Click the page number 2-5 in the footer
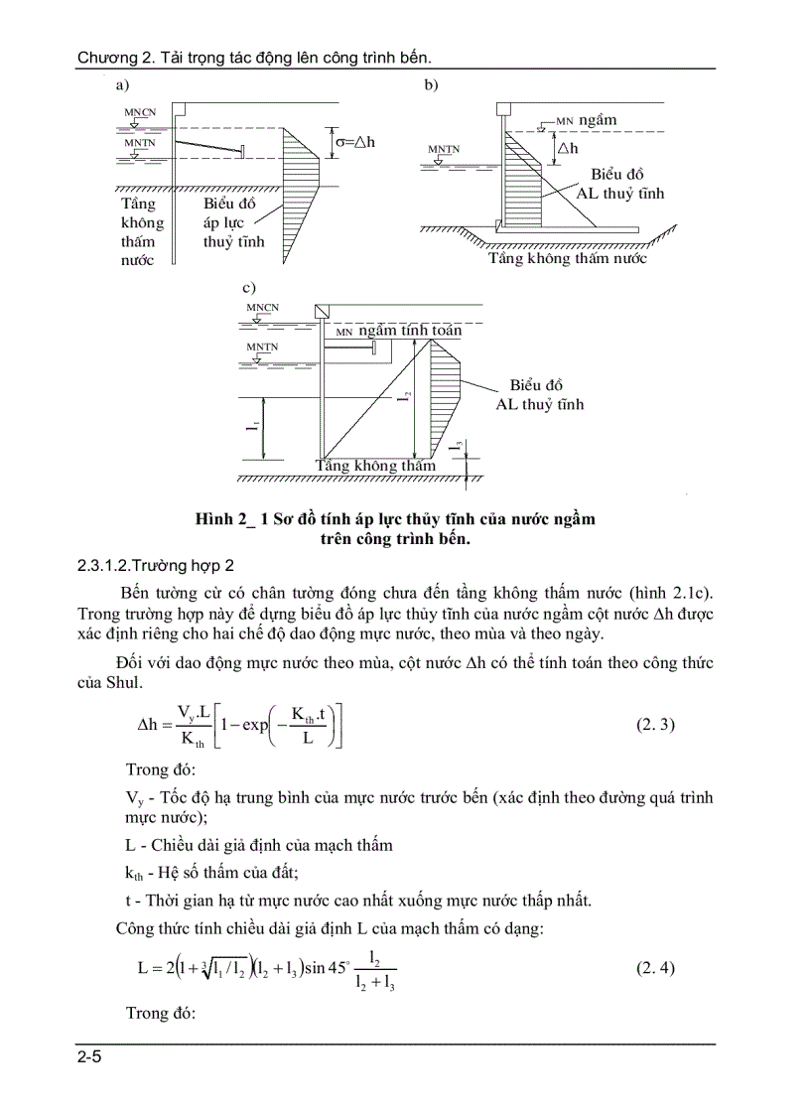(x=89, y=1057)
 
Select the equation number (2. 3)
(x=655, y=724)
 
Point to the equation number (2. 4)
(x=655, y=968)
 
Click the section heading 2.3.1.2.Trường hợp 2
(x=156, y=566)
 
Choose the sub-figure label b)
(x=431, y=86)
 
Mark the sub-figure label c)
(x=249, y=287)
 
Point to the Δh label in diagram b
(x=568, y=148)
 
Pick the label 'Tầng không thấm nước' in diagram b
(x=567, y=258)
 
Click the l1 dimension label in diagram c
(x=253, y=428)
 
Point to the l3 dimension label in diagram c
(x=459, y=448)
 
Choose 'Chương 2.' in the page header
(x=110, y=58)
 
